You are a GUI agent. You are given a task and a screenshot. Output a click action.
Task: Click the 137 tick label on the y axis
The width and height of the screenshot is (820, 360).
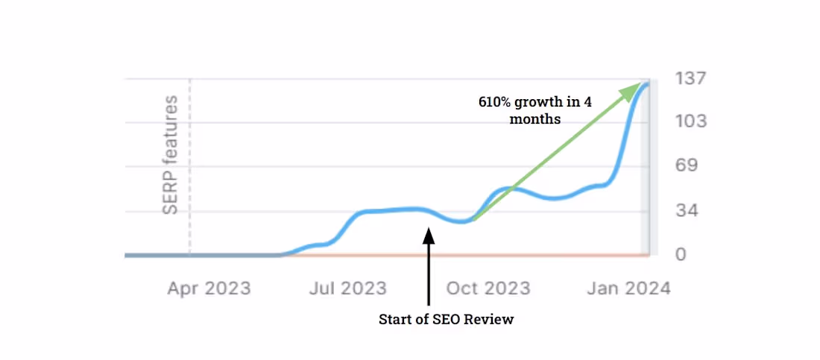pos(690,78)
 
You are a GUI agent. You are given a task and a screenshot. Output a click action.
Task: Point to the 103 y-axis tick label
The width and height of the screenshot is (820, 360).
pos(690,122)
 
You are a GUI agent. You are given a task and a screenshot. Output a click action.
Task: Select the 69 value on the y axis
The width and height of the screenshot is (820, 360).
pos(686,166)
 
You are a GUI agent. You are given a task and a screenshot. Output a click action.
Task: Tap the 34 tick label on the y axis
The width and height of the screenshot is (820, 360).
pos(686,212)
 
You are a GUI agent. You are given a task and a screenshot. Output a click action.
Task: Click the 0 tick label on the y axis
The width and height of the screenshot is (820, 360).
pos(681,256)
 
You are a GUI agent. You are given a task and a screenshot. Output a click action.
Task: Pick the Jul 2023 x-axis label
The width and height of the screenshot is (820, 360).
pos(348,288)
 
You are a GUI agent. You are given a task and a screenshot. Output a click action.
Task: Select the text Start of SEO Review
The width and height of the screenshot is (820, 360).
pos(447,320)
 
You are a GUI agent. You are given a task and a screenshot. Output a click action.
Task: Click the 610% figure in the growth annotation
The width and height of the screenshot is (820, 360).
pos(495,103)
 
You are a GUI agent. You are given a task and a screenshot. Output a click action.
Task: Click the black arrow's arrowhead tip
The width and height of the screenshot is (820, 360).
pos(429,230)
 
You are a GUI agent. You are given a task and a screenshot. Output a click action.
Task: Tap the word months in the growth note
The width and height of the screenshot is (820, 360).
pos(535,119)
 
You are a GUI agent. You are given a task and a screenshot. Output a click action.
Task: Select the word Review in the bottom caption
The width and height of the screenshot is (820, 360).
pos(492,320)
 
